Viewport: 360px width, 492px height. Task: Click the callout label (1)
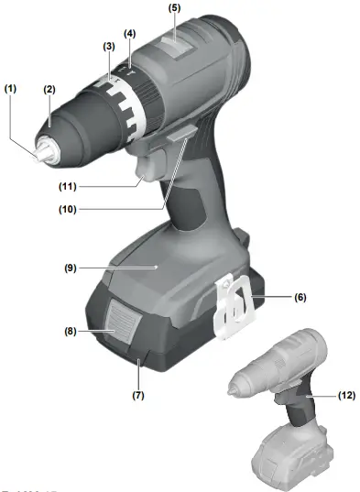pos(11,89)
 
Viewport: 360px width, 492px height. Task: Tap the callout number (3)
pos(108,46)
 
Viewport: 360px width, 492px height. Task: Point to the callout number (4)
pos(130,34)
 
